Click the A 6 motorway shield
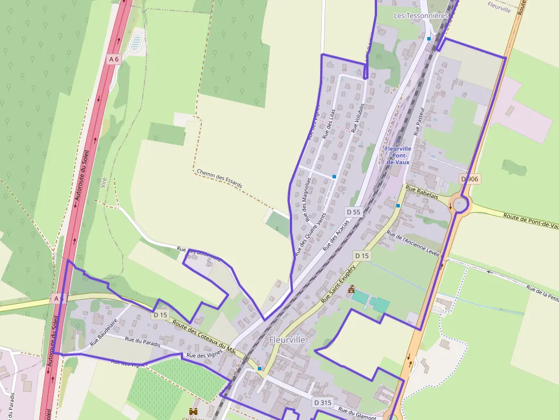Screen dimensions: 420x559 click(x=114, y=59)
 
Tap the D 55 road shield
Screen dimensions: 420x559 click(x=354, y=212)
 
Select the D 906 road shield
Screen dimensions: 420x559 click(x=470, y=179)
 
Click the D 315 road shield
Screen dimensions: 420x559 click(x=322, y=403)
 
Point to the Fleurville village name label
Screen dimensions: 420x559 click(x=287, y=340)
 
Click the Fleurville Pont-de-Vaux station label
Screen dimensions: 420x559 click(x=398, y=155)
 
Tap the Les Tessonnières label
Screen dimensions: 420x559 click(x=421, y=16)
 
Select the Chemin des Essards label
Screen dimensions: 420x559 click(x=219, y=178)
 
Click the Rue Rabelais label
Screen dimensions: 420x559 click(x=422, y=191)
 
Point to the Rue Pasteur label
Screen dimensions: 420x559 click(x=419, y=120)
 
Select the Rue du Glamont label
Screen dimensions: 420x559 click(x=357, y=412)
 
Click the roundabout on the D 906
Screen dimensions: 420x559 click(x=460, y=204)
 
